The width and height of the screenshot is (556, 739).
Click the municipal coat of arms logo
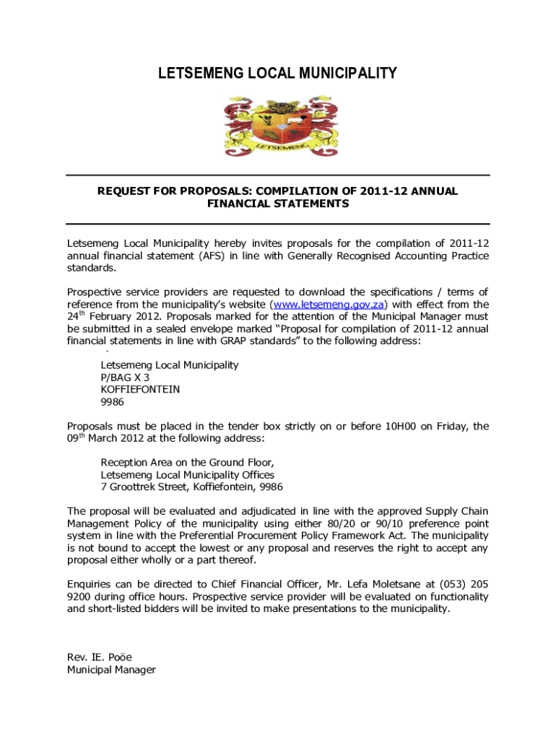[278, 128]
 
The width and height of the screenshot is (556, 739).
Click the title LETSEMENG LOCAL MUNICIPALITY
[278, 73]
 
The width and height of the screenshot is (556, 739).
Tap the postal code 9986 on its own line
[112, 402]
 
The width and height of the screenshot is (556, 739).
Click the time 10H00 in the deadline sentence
[396, 427]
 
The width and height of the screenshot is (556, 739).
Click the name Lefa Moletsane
[395, 585]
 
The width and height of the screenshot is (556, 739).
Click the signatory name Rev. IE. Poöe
[99, 657]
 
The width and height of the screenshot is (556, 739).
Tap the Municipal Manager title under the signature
[111, 670]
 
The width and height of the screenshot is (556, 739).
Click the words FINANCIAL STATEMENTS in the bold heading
[278, 204]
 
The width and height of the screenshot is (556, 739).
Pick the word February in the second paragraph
[112, 316]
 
